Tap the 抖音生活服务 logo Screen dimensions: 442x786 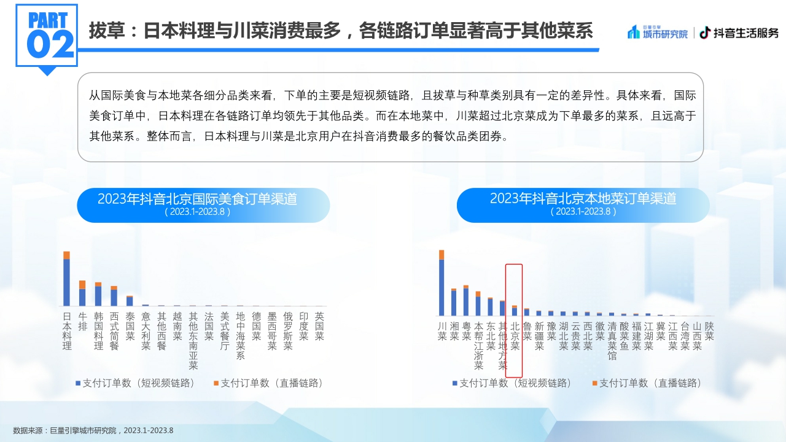pos(739,33)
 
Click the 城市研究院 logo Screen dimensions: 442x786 pos(658,33)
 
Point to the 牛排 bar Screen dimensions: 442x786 pos(82,294)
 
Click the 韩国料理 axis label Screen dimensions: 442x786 pos(98,331)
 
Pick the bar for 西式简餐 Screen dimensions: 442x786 pos(114,297)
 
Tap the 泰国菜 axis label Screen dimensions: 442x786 pos(130,326)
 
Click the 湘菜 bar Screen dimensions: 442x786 pos(454,302)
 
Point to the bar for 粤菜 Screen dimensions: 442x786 pos(466,301)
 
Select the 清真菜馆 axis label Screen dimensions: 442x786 pos(612,341)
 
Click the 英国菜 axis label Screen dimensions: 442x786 pos(319,326)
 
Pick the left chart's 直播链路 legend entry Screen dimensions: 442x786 pos(268,383)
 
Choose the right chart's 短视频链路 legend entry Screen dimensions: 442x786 pos(512,383)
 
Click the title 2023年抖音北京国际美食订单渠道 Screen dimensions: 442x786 pos(197,200)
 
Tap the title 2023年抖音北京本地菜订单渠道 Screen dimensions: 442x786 pos(583,200)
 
